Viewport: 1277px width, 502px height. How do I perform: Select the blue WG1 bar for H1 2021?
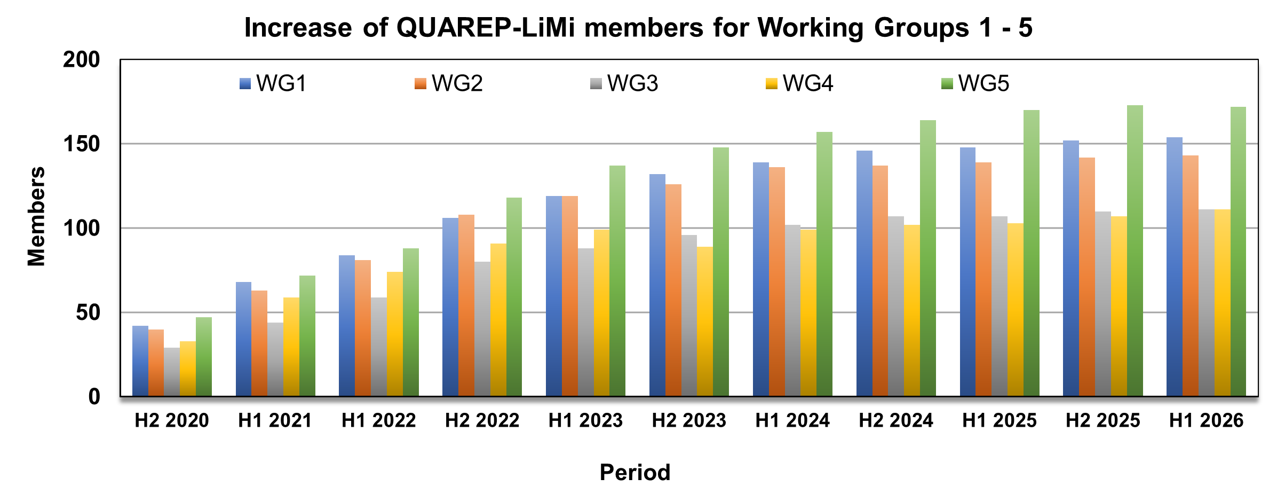[243, 339]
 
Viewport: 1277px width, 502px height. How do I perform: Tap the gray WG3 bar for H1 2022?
[379, 347]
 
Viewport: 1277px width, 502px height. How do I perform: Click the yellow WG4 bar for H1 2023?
[601, 313]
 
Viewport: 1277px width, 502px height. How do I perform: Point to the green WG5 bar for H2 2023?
[721, 272]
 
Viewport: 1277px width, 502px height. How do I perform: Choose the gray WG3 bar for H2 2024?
[896, 307]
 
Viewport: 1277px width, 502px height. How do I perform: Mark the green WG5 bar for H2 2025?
[1135, 250]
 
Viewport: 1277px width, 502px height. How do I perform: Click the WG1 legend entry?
[273, 84]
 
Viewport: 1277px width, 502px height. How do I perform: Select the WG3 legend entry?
[624, 84]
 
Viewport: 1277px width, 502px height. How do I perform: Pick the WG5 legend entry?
[975, 84]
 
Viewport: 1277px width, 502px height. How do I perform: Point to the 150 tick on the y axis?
[81, 144]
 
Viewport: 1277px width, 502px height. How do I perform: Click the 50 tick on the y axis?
[88, 313]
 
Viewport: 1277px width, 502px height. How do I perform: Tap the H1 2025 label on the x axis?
[999, 421]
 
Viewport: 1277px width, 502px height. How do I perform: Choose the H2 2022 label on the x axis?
[482, 421]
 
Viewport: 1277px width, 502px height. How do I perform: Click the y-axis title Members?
[36, 216]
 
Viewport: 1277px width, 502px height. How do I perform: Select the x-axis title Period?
[635, 473]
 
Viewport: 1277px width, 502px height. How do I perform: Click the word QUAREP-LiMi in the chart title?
[486, 28]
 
